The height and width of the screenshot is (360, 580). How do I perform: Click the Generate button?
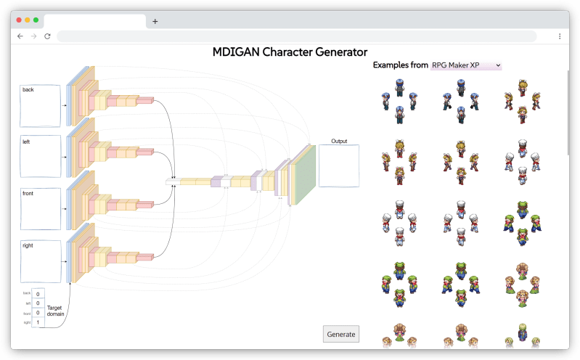[340, 334]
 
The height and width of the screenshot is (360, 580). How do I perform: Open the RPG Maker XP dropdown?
[466, 65]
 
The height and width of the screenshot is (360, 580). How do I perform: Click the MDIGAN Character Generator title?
[290, 52]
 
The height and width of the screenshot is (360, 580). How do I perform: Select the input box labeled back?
[41, 106]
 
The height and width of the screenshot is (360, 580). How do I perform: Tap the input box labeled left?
[41, 156]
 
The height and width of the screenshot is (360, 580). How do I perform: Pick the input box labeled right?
[41, 262]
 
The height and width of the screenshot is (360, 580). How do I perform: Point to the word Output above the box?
[339, 141]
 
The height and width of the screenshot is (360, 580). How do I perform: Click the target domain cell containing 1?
[38, 323]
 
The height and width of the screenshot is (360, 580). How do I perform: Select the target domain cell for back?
[38, 293]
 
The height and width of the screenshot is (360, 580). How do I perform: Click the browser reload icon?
[47, 36]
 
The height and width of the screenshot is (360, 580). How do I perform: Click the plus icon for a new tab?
[155, 21]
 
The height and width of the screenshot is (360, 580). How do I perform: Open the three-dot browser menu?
[560, 36]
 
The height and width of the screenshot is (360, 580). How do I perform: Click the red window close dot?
[20, 20]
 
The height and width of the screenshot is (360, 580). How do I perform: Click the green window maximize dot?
[36, 20]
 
